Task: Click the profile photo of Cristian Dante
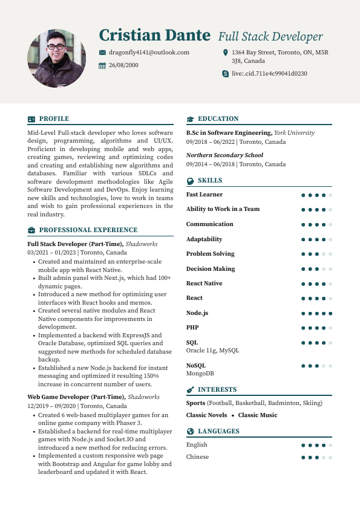pos(56,59)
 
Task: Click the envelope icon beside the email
pos(102,53)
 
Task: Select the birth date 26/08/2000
pos(123,65)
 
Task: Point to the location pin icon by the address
pos(226,53)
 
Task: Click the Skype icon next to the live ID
pos(226,74)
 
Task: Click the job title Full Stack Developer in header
pos(270,36)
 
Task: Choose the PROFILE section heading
pos(54,119)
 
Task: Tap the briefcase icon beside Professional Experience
pos(31,230)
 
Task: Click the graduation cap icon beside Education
pos(190,119)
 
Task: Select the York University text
pos(294,133)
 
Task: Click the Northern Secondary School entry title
pos(224,155)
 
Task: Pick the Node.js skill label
pos(197,313)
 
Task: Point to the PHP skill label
pos(192,328)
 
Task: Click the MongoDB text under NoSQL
pos(200,374)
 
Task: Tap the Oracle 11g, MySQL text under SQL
pos(212,351)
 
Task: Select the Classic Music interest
pos(257,415)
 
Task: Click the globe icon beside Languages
pos(190,432)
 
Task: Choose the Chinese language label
pos(197,457)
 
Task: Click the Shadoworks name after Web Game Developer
pos(143,397)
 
